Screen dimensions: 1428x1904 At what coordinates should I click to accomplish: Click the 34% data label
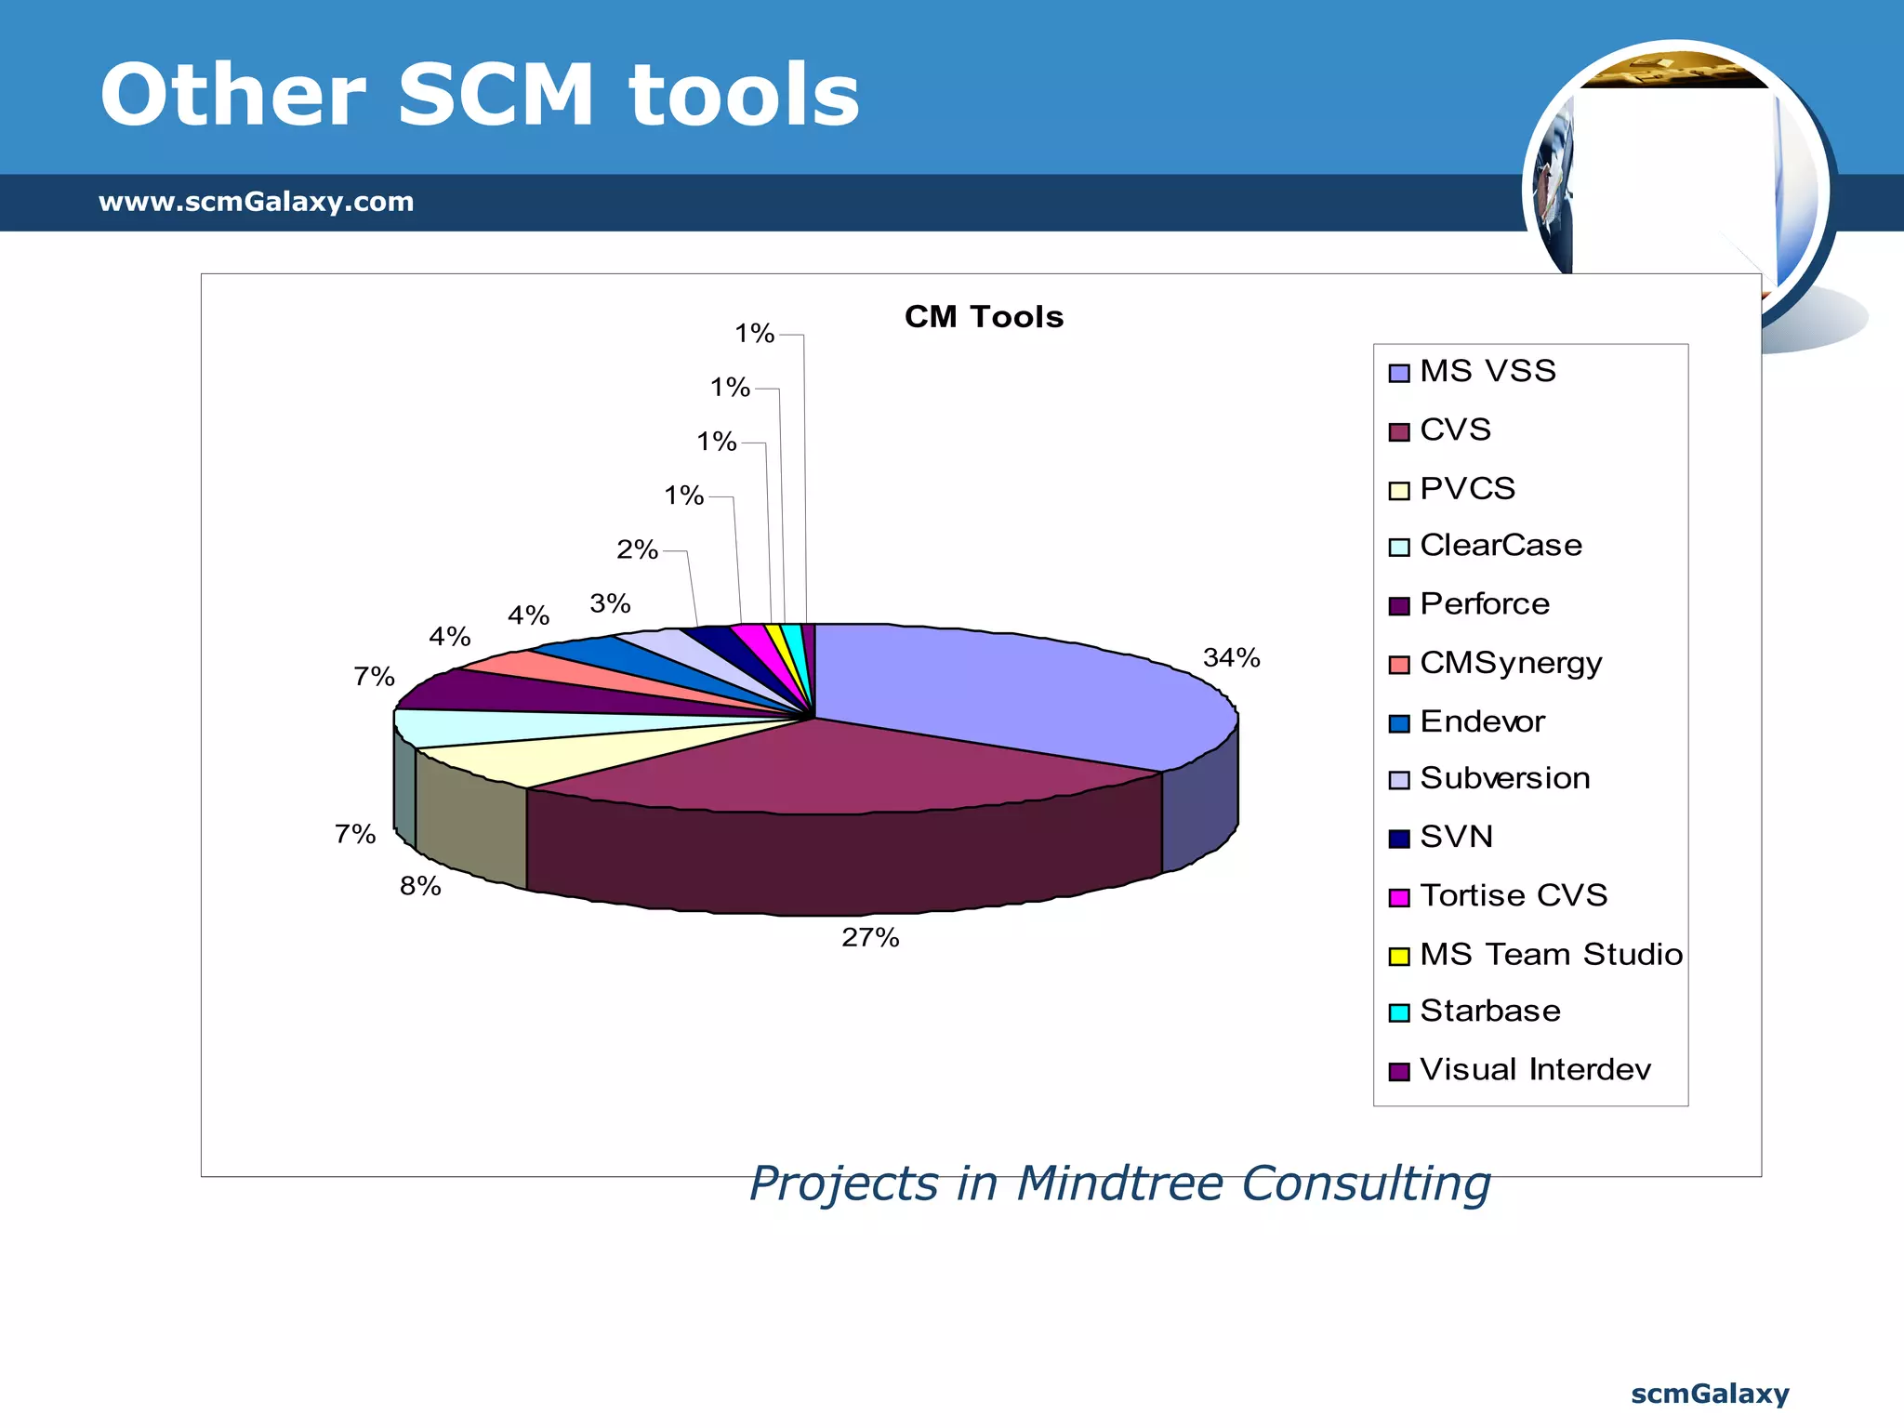tap(1231, 658)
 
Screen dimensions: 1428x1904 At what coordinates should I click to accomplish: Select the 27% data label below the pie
tap(870, 937)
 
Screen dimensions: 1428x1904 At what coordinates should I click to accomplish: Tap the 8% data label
tap(420, 886)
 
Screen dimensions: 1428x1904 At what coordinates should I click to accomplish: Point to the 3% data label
tap(610, 603)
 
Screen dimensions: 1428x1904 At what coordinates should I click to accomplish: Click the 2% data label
tap(637, 549)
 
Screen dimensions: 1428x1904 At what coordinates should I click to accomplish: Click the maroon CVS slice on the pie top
tap(837, 767)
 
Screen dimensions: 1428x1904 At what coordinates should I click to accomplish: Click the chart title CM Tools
tap(984, 317)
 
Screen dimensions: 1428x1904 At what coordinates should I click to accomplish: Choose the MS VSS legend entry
tap(1487, 371)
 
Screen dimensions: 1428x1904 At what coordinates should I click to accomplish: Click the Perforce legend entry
tap(1485, 604)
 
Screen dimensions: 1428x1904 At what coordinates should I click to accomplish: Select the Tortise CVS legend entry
tap(1514, 895)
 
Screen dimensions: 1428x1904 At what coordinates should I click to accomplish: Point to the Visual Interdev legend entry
tap(1535, 1069)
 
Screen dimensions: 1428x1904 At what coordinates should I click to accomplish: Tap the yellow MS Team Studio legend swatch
tap(1398, 956)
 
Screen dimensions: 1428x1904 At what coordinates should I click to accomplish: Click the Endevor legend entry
tap(1482, 721)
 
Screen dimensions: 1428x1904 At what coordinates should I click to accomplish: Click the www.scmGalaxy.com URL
tap(256, 202)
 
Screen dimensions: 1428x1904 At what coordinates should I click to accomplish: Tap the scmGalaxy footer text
tap(1710, 1394)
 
